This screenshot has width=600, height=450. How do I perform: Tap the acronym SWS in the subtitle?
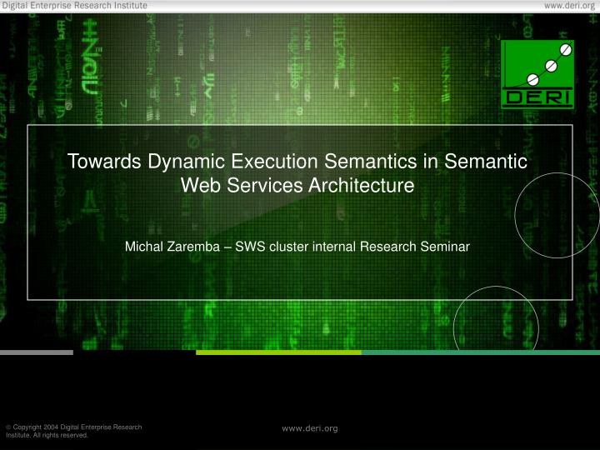click(x=247, y=247)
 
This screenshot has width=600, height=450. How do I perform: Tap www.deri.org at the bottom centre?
click(x=310, y=428)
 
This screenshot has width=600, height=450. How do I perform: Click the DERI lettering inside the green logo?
click(x=537, y=97)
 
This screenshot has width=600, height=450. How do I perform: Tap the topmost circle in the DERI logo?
click(x=565, y=50)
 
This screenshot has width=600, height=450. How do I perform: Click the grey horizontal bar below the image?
click(x=37, y=352)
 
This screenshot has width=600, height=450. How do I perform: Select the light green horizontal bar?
click(x=278, y=352)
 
